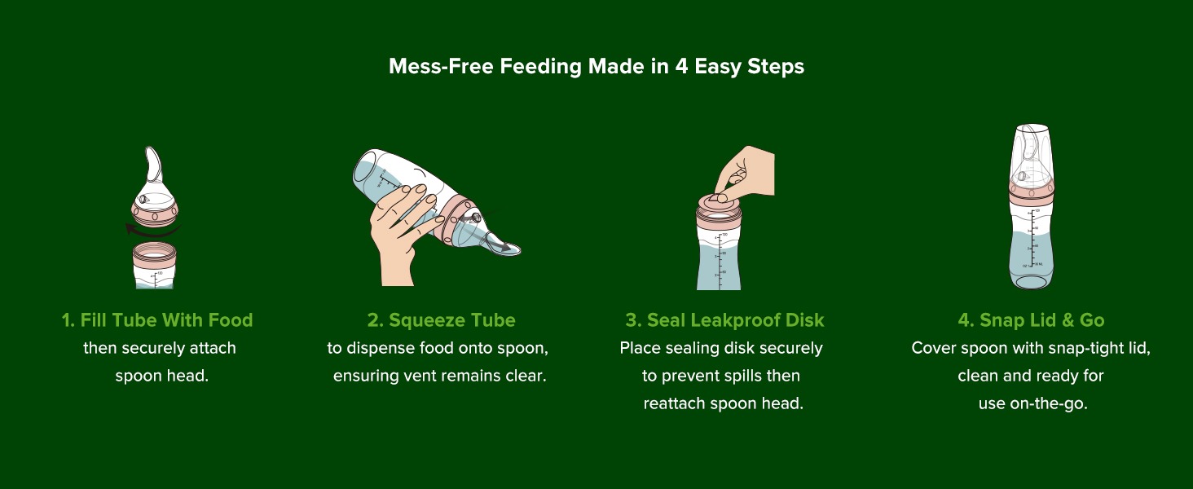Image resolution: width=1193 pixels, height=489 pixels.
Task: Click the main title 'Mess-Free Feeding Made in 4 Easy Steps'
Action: click(596, 67)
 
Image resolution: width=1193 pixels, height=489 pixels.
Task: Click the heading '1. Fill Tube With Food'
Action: click(157, 320)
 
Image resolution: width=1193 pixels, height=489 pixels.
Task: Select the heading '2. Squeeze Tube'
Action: click(442, 320)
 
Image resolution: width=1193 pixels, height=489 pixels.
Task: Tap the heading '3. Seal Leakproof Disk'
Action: click(725, 320)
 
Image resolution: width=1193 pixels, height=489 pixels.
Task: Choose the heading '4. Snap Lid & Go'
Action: click(1031, 320)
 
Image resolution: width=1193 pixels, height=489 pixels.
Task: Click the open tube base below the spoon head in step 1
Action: click(155, 265)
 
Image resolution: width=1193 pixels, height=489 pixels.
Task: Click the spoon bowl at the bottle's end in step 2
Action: click(504, 249)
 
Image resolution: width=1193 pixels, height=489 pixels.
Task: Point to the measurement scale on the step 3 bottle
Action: click(720, 261)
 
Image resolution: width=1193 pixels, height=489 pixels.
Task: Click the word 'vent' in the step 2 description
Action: click(416, 376)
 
